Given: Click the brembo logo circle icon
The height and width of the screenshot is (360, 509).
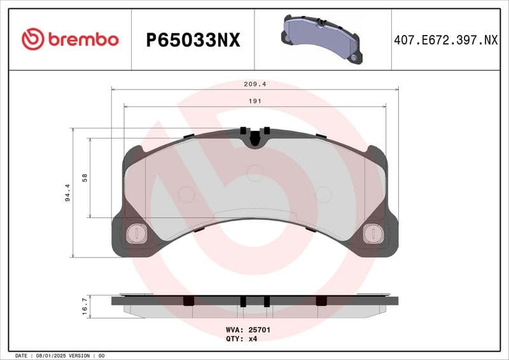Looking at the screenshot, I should point(32,39).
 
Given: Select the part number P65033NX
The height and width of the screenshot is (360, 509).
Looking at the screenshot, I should point(193,40).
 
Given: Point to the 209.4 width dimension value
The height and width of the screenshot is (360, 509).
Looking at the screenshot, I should point(254,83).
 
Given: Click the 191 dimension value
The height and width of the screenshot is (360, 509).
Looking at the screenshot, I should point(254,101).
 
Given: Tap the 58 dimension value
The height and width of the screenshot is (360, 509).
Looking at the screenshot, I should point(85,178).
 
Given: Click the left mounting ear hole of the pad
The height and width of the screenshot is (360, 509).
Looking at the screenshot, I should point(136,234).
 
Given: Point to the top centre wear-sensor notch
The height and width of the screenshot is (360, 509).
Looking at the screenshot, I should point(254,138).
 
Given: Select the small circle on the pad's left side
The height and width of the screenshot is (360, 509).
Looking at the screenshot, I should point(186,194).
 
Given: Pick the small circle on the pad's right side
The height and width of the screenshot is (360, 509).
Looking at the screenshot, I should point(323,194).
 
